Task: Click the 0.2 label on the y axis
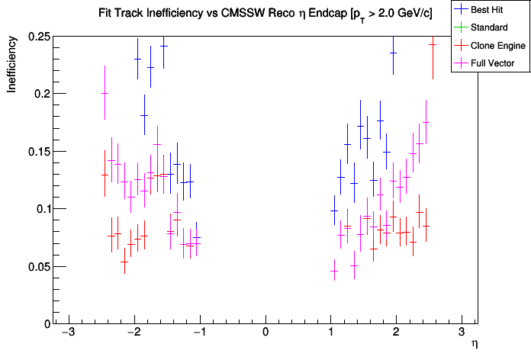(x=40, y=94)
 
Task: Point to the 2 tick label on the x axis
(x=396, y=333)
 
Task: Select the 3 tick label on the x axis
(x=462, y=333)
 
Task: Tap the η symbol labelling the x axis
(x=475, y=345)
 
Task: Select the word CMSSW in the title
(x=211, y=14)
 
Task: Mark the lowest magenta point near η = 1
(x=333, y=271)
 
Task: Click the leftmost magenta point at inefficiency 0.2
(x=105, y=94)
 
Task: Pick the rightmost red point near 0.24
(x=433, y=44)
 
